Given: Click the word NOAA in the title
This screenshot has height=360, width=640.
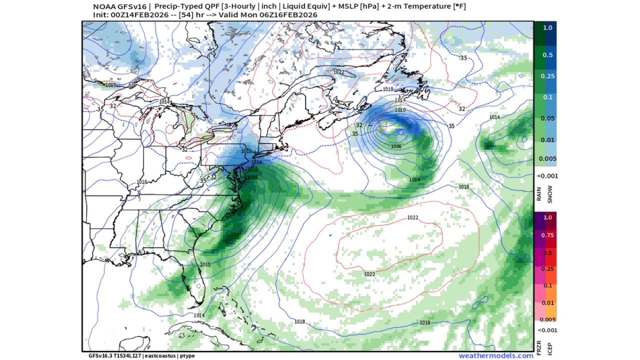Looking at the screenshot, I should [x=103, y=6].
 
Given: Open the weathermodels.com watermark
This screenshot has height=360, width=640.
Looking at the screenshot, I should [x=495, y=355].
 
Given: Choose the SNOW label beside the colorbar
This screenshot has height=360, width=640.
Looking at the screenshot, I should [x=550, y=195].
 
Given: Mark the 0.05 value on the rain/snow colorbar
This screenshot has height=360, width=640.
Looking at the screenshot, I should [x=547, y=118].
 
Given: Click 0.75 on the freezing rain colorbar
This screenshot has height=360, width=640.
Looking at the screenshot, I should [x=548, y=235].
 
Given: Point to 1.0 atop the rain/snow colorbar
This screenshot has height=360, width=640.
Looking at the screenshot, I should [x=548, y=27].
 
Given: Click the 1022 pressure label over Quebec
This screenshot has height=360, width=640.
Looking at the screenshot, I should [x=338, y=72].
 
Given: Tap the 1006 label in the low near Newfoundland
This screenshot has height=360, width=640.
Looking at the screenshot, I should [x=396, y=146].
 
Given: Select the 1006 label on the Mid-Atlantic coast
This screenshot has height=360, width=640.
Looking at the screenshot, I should [x=252, y=177].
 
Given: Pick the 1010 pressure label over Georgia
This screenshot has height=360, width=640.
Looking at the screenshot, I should [x=204, y=264].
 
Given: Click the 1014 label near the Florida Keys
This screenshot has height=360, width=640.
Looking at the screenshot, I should [x=199, y=315].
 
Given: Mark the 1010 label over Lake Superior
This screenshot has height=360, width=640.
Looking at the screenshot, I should [x=110, y=85].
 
